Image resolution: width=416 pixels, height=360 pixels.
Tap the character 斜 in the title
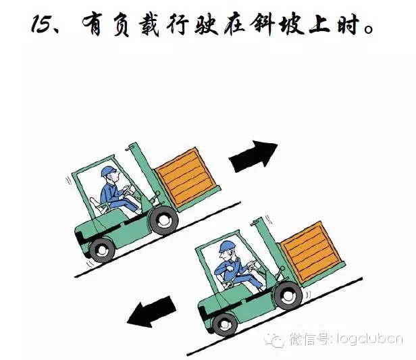tap(262, 24)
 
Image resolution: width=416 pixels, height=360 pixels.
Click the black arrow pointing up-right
tap(253, 156)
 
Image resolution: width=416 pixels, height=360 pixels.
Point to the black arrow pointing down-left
tap(151, 311)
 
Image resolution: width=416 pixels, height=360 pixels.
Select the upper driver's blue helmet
tap(108, 171)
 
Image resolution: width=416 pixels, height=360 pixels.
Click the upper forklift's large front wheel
tap(163, 221)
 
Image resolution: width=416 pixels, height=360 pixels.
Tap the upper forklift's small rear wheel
tap(102, 250)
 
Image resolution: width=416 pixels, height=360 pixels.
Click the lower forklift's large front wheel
tap(288, 295)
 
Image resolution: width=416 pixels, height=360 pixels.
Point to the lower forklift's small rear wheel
tap(226, 324)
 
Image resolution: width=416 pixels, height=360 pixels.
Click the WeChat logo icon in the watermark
tap(274, 340)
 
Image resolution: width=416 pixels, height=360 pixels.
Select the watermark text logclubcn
tap(370, 339)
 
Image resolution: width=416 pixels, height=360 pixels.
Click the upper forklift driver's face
tap(115, 178)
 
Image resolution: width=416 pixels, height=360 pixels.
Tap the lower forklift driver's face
tap(226, 255)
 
